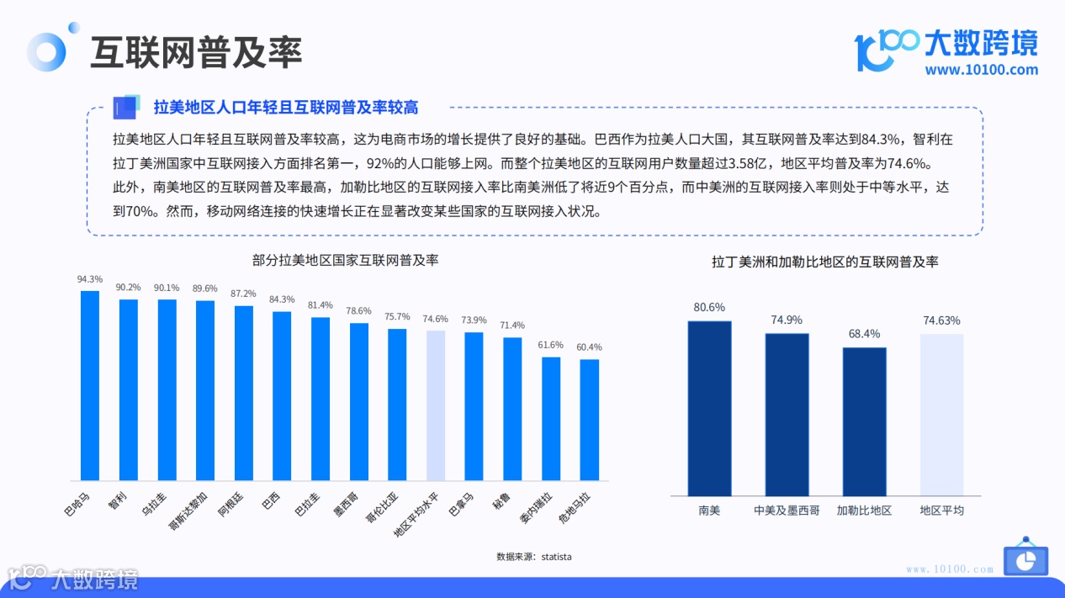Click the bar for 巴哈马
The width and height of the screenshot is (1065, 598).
point(90,385)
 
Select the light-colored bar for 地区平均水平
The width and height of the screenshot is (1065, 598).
point(435,405)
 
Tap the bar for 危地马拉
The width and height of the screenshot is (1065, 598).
point(590,420)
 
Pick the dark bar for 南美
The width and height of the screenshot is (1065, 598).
point(709,409)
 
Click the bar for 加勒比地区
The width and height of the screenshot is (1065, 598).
point(864,421)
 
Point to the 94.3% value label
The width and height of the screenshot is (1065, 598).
point(90,279)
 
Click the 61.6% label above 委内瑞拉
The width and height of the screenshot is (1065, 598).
point(551,345)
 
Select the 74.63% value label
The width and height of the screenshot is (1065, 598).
point(941,320)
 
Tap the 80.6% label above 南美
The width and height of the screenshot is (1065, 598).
point(709,307)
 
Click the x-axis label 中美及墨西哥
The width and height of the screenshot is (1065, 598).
point(787,511)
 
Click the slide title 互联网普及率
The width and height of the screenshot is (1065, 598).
point(196,52)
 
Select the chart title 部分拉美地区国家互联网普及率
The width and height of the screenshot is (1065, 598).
point(345,261)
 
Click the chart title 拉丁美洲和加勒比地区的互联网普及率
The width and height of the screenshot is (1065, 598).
point(825,262)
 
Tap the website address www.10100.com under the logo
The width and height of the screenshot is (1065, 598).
point(981,70)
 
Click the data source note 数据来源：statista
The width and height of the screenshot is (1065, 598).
point(534,557)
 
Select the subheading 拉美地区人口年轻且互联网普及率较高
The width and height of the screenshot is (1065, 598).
point(286,108)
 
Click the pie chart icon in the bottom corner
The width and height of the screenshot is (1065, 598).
point(1025,559)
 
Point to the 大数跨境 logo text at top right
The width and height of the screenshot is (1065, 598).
point(981,42)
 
